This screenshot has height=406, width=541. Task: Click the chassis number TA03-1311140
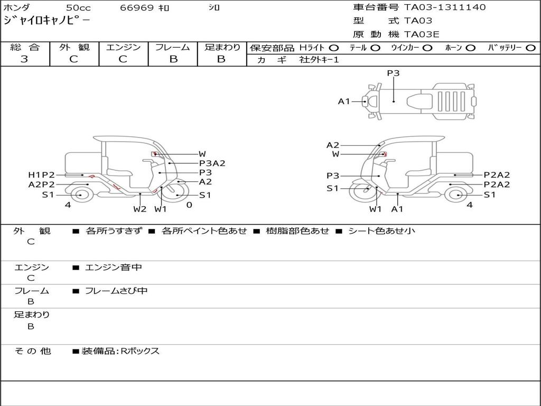[x=444, y=7]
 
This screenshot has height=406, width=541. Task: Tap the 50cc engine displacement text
[x=78, y=8]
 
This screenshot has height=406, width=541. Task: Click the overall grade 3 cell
[x=24, y=59]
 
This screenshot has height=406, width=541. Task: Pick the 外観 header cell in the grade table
[x=74, y=47]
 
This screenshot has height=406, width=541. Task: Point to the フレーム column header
[x=173, y=47]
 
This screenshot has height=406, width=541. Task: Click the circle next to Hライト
[x=334, y=48]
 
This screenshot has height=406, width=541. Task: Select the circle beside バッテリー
[x=530, y=48]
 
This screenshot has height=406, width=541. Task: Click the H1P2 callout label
[x=41, y=175]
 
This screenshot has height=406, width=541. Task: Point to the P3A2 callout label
[x=212, y=163]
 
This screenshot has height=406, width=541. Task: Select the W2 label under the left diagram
[x=139, y=209]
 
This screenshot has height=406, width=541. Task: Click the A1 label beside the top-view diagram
[x=344, y=101]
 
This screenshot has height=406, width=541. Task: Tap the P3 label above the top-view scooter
[x=393, y=73]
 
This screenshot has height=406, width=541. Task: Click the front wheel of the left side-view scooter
[x=175, y=195]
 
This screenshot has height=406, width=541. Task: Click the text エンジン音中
[x=114, y=267]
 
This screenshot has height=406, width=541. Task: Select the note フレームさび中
[x=116, y=291]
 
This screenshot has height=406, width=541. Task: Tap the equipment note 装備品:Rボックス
[x=120, y=351]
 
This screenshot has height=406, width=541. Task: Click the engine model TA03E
[x=422, y=34]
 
